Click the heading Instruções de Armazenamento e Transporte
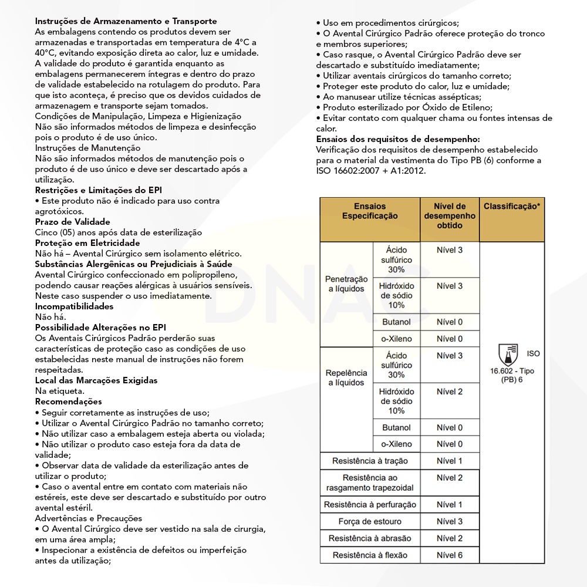126,22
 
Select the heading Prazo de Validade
72,222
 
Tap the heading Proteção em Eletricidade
87,243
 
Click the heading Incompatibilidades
74,306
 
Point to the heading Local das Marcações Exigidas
96,380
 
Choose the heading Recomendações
68,402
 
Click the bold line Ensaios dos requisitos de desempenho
398,139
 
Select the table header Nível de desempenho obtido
450,215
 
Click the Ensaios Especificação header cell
370,211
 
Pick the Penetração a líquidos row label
346,284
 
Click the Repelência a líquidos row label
346,377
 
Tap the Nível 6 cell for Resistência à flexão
450,555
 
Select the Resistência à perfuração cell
370,505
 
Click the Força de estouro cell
370,521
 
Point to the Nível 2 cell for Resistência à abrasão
450,538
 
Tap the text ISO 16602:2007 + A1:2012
370,171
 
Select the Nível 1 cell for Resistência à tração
450,461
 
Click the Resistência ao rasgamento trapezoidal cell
370,483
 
